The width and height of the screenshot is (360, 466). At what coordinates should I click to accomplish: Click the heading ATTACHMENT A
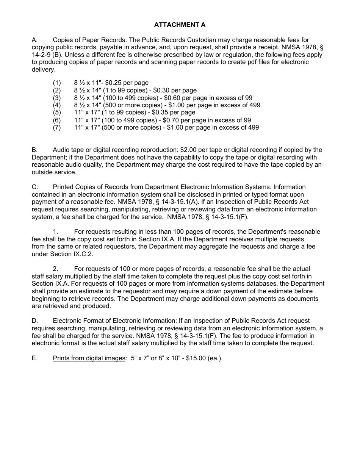(x=180, y=25)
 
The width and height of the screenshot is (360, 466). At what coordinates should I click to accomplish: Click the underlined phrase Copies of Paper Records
(x=90, y=40)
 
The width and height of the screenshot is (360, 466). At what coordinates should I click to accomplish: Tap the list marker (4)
(x=57, y=105)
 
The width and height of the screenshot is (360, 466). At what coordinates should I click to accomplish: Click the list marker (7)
(x=57, y=128)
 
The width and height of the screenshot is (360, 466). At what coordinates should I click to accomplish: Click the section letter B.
(x=34, y=150)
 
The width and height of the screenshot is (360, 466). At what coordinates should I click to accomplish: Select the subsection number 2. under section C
(x=55, y=269)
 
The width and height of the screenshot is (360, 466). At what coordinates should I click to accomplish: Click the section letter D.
(x=34, y=321)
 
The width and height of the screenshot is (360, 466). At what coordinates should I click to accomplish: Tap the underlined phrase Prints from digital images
(x=89, y=358)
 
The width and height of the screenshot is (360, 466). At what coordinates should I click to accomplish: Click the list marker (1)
(x=57, y=83)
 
